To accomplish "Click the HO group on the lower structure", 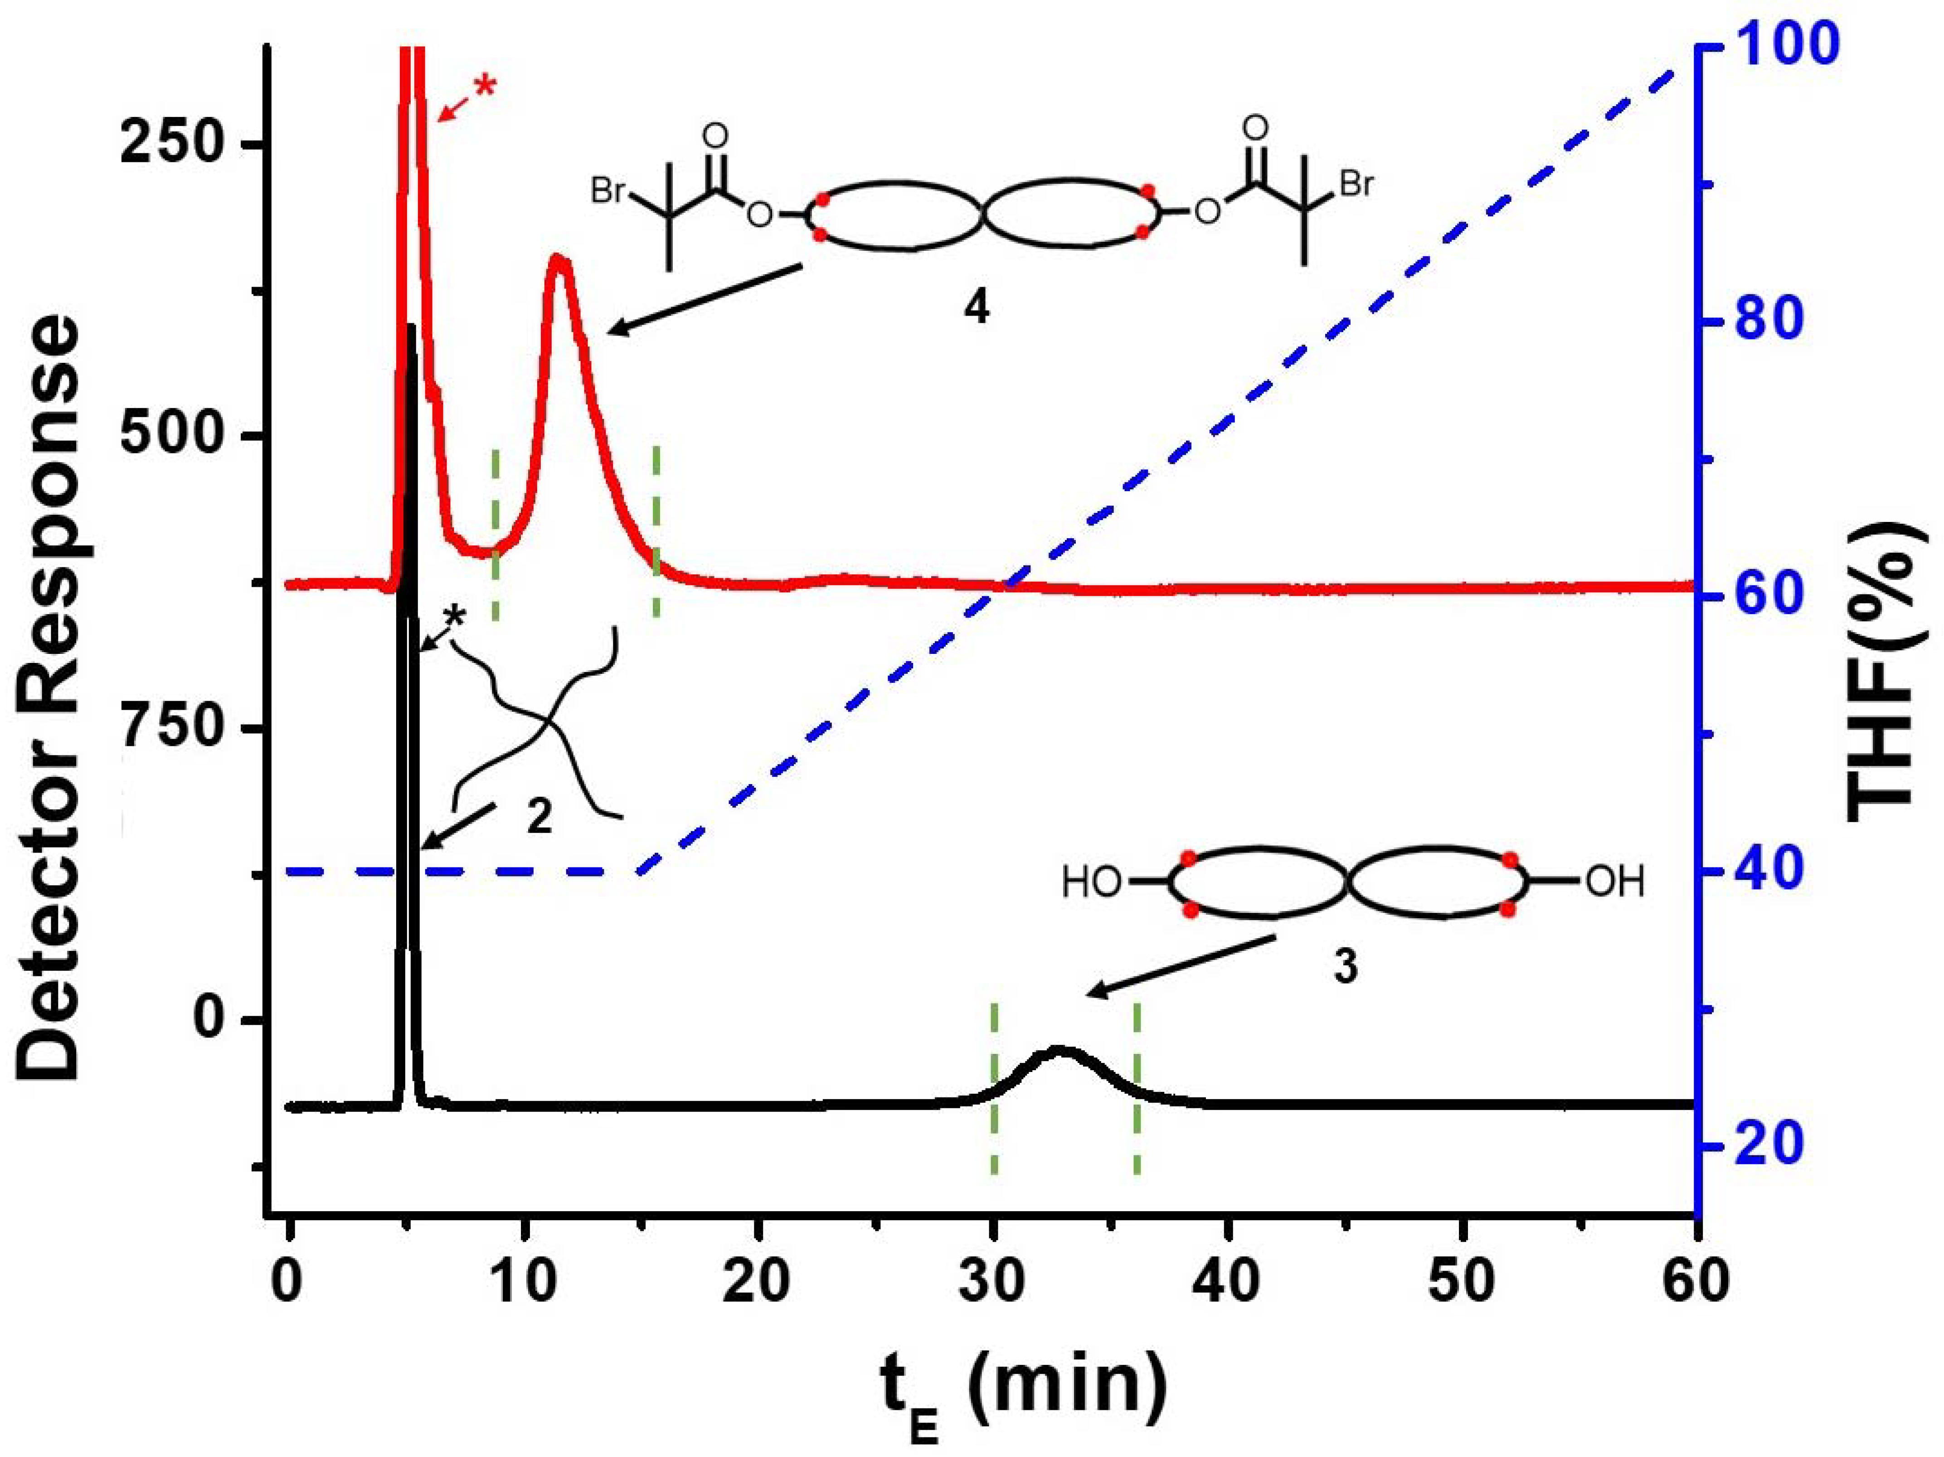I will click(1091, 883).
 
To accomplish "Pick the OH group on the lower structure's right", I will click(1614, 883).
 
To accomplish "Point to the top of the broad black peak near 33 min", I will click(1059, 1049).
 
